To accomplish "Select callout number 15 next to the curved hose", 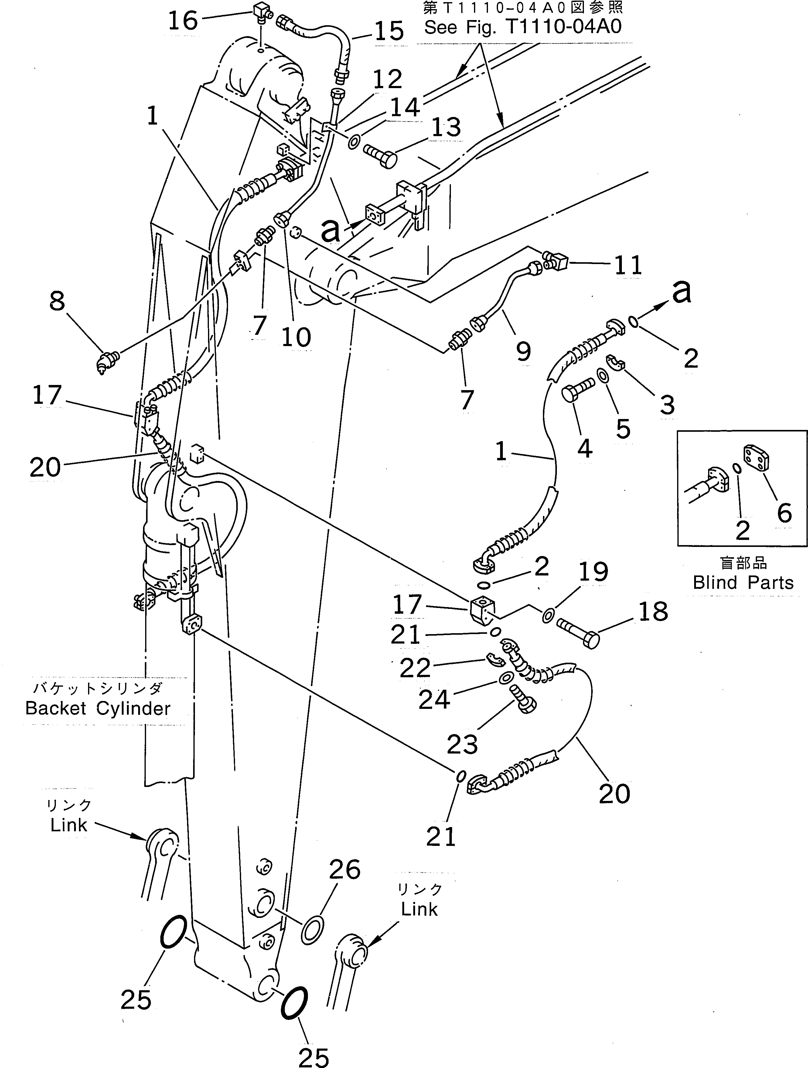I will pos(389,31).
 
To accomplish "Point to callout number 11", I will pos(628,265).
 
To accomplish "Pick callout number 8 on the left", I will pos(57,301).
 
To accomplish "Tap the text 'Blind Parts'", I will pos(743,583).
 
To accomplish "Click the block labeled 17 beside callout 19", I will pos(482,610).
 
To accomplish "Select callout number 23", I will pos(462,744).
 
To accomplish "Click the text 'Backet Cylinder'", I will pos(98,708).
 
